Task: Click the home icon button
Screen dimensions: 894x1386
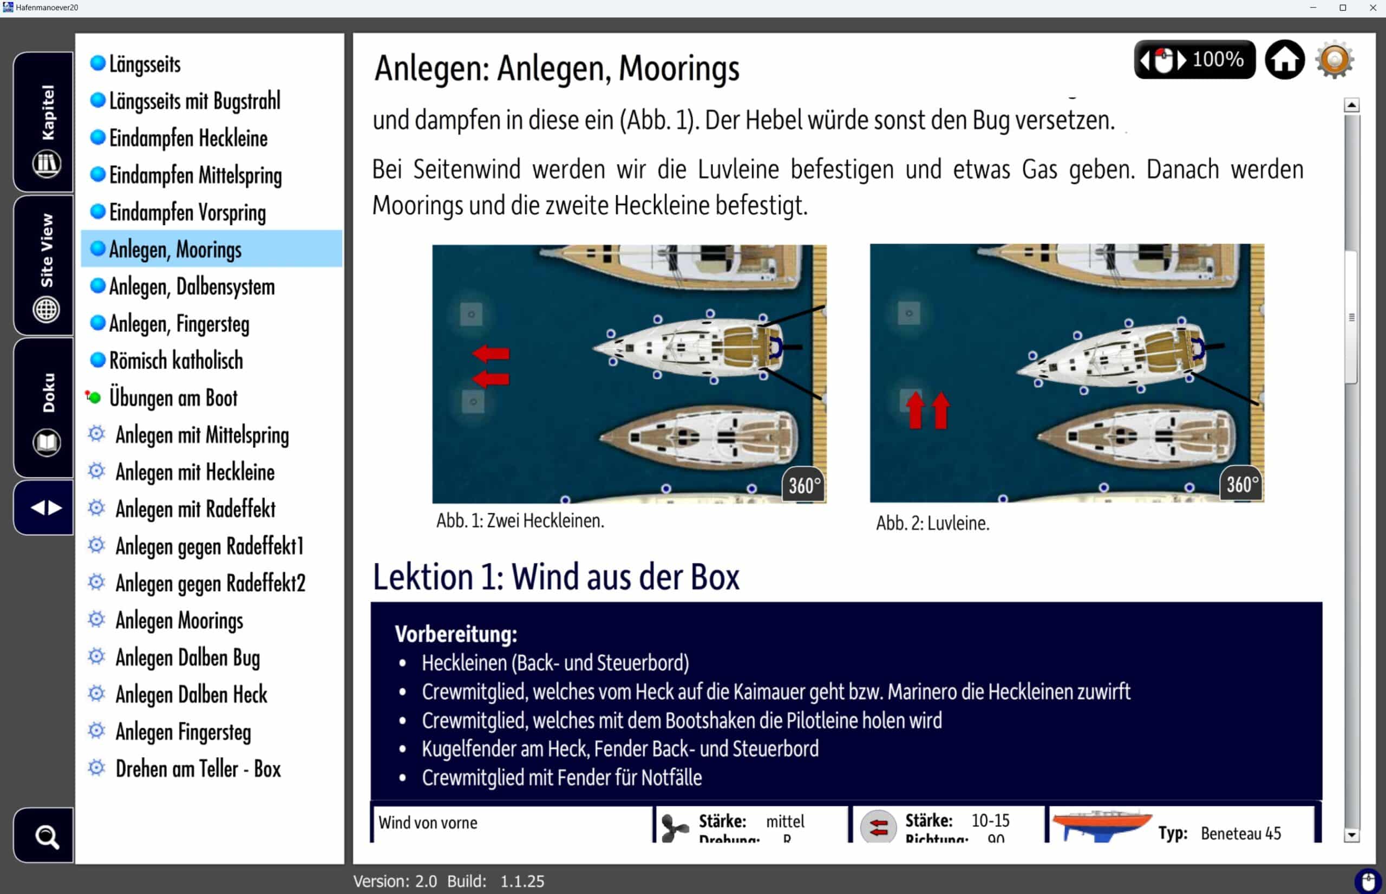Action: (1284, 59)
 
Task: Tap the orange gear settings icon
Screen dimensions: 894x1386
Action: (1335, 59)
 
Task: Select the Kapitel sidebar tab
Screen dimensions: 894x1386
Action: (45, 122)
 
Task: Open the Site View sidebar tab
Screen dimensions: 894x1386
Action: (45, 266)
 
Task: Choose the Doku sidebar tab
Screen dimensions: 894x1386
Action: (45, 408)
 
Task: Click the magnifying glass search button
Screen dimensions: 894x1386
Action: (45, 836)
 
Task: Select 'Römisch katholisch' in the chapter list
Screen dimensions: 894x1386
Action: (176, 361)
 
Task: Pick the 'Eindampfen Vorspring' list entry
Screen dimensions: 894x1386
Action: (187, 212)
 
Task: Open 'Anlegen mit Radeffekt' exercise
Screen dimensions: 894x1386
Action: (195, 509)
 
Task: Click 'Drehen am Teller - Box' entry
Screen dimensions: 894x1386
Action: (198, 768)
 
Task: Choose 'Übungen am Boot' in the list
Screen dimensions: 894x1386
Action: (173, 397)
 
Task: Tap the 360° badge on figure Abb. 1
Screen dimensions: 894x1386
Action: (804, 485)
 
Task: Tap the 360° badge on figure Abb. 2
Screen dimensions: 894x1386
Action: (1241, 484)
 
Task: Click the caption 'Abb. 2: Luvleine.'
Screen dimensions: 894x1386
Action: (932, 523)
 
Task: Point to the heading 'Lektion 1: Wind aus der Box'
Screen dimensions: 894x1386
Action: (555, 577)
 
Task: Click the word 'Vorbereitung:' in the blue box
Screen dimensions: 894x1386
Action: (456, 634)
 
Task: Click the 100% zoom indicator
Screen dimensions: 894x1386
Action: (1217, 59)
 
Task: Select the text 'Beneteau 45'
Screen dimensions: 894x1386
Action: (1240, 833)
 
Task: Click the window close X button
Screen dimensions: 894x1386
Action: (1372, 8)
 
